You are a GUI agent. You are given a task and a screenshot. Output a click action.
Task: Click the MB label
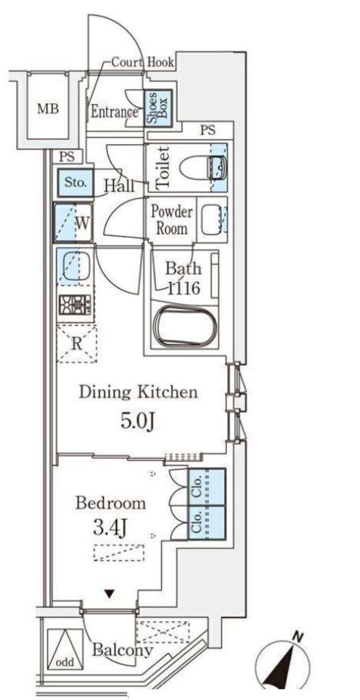click(x=48, y=109)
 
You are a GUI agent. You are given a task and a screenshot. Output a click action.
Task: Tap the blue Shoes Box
click(x=158, y=108)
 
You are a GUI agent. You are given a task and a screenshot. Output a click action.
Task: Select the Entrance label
click(x=114, y=111)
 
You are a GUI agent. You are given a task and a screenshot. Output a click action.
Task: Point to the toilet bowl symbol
click(x=202, y=168)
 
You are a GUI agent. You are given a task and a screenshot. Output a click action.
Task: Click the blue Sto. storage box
click(x=75, y=183)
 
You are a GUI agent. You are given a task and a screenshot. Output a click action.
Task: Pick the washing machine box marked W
click(x=73, y=223)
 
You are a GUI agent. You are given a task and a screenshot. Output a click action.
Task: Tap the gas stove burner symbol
click(x=74, y=306)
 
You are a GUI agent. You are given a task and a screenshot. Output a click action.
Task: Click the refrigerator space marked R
click(x=77, y=344)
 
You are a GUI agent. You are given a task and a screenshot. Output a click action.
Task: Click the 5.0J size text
click(x=137, y=421)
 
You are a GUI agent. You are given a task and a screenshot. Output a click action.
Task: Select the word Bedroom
click(x=111, y=503)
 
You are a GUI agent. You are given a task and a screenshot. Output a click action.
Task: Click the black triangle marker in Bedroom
click(x=109, y=594)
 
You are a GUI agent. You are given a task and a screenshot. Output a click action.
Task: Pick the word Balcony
click(x=122, y=651)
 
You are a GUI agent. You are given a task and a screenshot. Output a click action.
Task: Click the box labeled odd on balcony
click(x=65, y=649)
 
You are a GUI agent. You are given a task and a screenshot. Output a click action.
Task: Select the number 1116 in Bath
click(x=183, y=289)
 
